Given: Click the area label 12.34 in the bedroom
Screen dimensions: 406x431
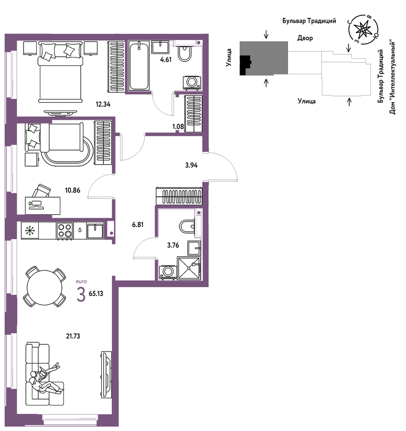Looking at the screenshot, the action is pyautogui.click(x=103, y=104).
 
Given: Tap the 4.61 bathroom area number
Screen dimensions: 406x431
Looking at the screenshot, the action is pyautogui.click(x=166, y=60).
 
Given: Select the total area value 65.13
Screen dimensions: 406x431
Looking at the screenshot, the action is pyautogui.click(x=96, y=294).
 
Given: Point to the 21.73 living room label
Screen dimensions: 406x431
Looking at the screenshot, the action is pyautogui.click(x=73, y=336).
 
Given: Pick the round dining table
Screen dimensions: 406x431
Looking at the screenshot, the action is pyautogui.click(x=45, y=288).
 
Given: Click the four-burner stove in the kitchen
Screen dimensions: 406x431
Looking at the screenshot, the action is pyautogui.click(x=65, y=230).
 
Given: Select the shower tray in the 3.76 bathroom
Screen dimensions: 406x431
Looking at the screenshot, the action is pyautogui.click(x=189, y=268).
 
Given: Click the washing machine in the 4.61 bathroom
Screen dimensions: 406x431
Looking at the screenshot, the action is pyautogui.click(x=192, y=83).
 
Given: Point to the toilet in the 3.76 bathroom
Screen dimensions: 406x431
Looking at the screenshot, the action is pyautogui.click(x=187, y=226).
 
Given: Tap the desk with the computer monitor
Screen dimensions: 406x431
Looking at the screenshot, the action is pyautogui.click(x=43, y=205).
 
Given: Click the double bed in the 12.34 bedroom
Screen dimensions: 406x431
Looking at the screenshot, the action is pyautogui.click(x=60, y=72).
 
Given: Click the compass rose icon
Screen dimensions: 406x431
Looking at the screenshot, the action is pyautogui.click(x=363, y=29).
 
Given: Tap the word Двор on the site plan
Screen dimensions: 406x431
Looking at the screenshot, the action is pyautogui.click(x=305, y=38).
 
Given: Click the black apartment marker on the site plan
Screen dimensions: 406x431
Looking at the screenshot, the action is pyautogui.click(x=246, y=65).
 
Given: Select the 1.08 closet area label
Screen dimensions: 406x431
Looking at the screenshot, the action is pyautogui.click(x=178, y=127).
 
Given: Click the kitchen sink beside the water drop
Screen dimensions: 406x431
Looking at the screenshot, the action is pyautogui.click(x=95, y=230).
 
